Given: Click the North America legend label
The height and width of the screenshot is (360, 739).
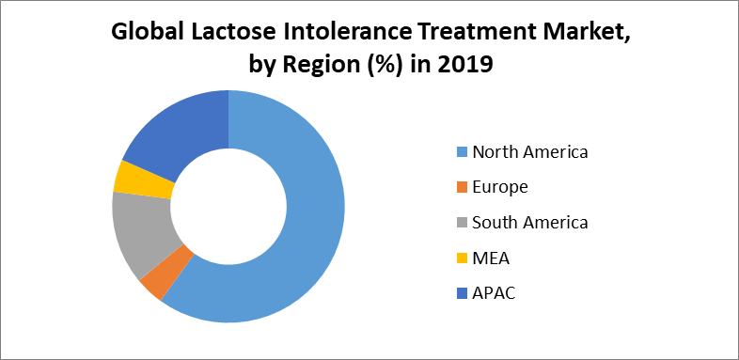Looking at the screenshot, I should coord(530,151).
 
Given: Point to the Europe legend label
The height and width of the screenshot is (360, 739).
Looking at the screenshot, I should coord(500,187).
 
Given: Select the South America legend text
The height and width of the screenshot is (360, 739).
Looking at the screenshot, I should coord(530,223).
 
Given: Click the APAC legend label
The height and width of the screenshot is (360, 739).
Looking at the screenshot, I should coord(495,293).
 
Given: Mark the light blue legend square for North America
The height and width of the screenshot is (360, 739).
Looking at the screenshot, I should coord(461,152).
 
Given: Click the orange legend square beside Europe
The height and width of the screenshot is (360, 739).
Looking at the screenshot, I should coord(461,188).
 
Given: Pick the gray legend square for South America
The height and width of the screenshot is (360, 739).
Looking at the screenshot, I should coord(461,224).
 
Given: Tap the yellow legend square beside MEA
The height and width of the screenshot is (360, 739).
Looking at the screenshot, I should coord(461,258).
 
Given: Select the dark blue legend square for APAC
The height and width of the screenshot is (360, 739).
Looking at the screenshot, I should coord(461,294).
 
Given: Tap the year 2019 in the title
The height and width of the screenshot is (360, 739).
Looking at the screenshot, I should coord(464,68).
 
